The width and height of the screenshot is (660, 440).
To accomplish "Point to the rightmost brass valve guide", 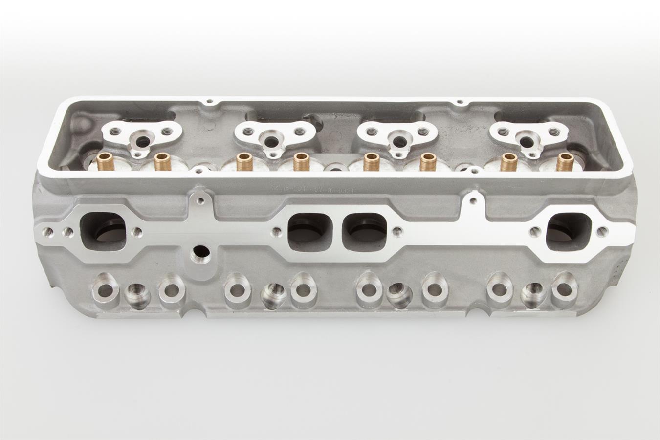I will (x=565, y=161).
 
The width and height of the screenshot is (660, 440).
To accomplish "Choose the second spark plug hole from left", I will (x=271, y=294).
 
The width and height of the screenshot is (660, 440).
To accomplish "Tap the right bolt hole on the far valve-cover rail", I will (x=460, y=102).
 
